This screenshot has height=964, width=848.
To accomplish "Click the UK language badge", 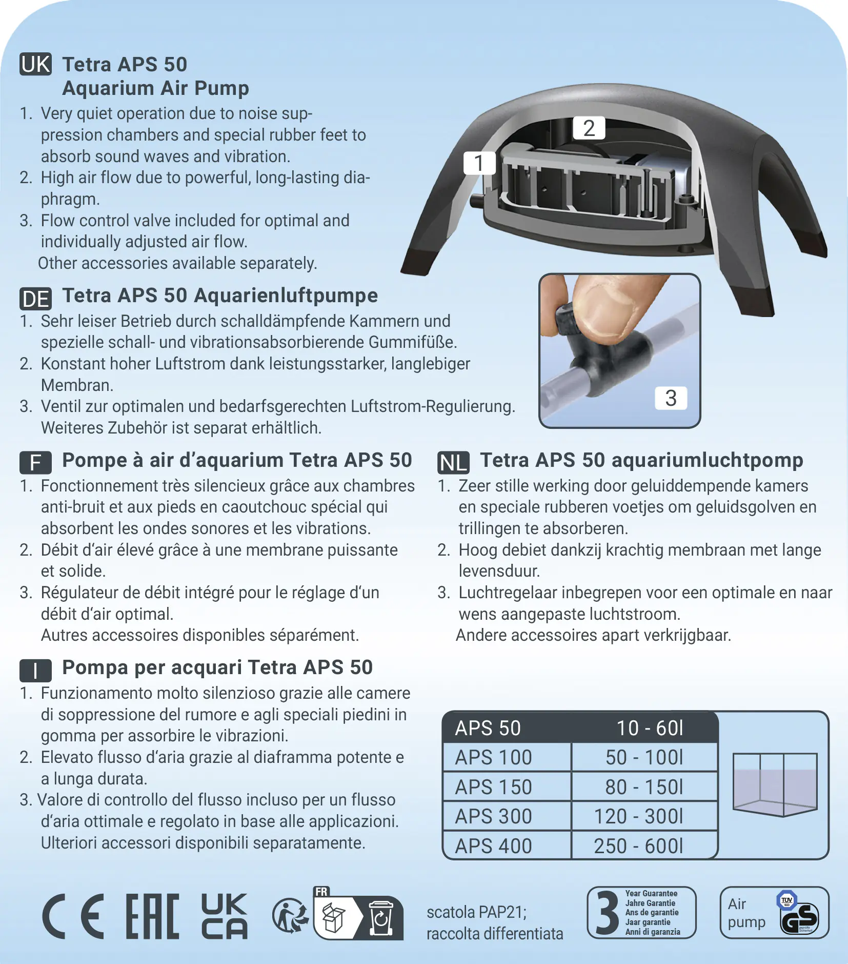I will point(35,65).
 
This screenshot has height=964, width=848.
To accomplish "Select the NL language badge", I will point(453,463).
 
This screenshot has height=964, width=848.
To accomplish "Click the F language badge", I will point(35,463).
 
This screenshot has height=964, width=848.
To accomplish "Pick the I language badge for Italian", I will point(35,670).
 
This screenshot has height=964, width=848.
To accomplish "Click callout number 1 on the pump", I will point(479,163).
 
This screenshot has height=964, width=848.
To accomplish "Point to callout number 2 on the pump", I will point(589,128).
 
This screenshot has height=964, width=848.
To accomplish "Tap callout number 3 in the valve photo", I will point(671,398).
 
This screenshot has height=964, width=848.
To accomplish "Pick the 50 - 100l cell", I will point(644,757).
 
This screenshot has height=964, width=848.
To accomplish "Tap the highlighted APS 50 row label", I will point(488,728).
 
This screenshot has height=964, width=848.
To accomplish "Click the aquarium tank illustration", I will point(774,784).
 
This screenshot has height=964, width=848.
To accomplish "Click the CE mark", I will point(73,916).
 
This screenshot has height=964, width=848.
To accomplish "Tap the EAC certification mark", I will point(152,916).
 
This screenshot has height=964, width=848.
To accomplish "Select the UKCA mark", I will point(224,916).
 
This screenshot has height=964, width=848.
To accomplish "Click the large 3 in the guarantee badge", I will point(608,913).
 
